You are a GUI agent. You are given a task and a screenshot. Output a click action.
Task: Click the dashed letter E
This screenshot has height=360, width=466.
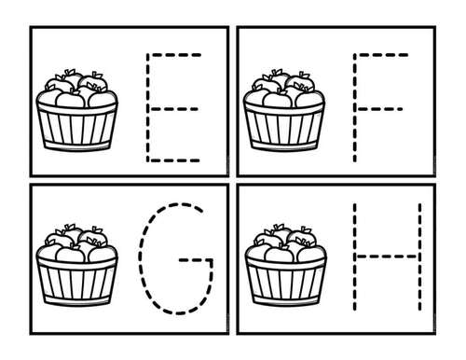pyautogui.click(x=148, y=107)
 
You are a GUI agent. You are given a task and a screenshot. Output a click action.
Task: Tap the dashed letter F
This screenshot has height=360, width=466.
pyautogui.click(x=355, y=107)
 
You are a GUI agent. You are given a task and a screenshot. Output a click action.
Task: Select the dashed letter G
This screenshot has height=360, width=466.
pyautogui.click(x=141, y=258)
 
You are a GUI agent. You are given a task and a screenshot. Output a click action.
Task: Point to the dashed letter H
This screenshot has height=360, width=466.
pyautogui.click(x=387, y=256)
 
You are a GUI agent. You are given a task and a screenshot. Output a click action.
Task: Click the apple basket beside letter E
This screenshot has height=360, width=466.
pyautogui.click(x=76, y=111)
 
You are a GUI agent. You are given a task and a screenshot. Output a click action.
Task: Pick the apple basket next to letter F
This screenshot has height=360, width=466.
pyautogui.click(x=284, y=111)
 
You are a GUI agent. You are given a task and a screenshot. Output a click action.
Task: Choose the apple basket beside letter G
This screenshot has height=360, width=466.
pyautogui.click(x=76, y=266)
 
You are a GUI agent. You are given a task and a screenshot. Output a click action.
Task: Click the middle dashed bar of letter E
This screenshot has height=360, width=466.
pyautogui.click(x=173, y=109)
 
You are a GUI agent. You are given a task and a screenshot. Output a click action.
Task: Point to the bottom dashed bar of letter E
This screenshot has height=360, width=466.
pyautogui.click(x=173, y=160)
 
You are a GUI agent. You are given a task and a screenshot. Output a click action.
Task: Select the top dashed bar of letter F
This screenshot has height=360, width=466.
pyautogui.click(x=381, y=55)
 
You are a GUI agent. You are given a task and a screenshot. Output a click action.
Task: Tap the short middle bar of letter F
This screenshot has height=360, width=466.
pyautogui.click(x=379, y=109)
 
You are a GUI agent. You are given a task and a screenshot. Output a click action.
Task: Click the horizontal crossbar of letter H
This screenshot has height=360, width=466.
pyautogui.click(x=387, y=256)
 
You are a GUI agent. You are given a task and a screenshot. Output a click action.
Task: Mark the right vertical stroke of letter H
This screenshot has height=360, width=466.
pyautogui.click(x=419, y=256)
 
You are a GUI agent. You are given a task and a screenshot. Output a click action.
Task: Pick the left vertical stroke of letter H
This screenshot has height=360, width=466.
pyautogui.click(x=355, y=256)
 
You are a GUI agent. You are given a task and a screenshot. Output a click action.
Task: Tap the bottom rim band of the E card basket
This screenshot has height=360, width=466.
pyautogui.click(x=77, y=145)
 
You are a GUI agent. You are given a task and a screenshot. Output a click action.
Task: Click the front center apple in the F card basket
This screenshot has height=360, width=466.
pyautogui.click(x=278, y=100)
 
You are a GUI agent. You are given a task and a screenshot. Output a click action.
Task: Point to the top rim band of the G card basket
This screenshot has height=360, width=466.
pyautogui.click(x=76, y=263)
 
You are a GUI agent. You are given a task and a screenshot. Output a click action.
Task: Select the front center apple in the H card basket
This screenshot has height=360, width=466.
pyautogui.click(x=279, y=254)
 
